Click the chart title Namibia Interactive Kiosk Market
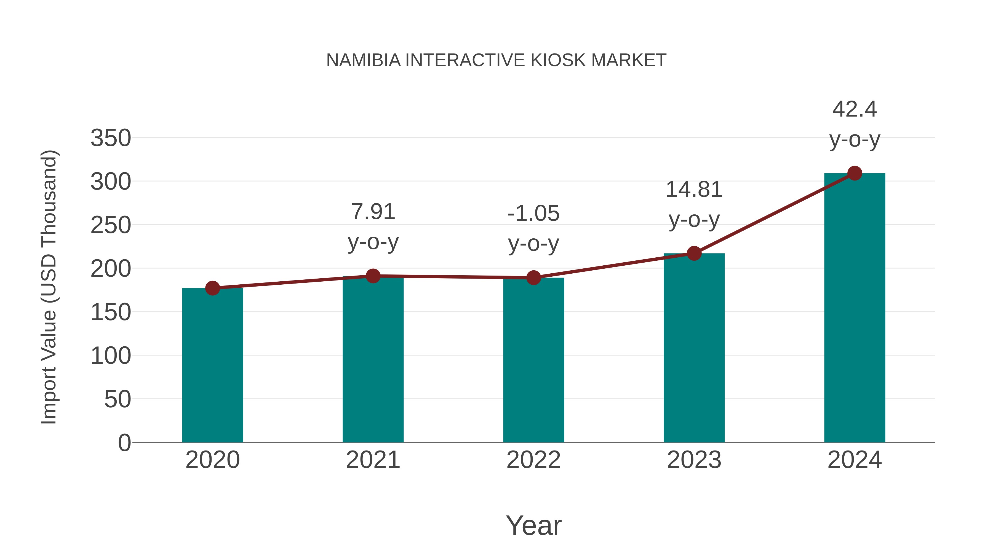496,60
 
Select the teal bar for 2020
212,366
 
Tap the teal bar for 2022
533,360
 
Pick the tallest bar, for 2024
855,308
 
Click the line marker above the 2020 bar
212,288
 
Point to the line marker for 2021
373,276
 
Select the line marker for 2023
694,254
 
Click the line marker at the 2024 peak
855,173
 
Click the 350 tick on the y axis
111,138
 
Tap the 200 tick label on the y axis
111,268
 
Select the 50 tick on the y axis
118,399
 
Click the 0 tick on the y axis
124,443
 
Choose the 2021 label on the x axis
373,460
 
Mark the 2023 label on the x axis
694,460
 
